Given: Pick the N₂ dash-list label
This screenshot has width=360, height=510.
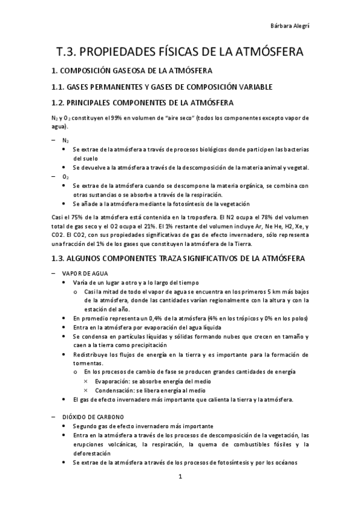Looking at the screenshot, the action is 66,139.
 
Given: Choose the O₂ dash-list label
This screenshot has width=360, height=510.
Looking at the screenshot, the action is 66,177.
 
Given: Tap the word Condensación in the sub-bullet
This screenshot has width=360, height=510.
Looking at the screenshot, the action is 115,390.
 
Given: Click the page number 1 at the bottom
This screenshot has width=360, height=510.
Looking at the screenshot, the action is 180,478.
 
